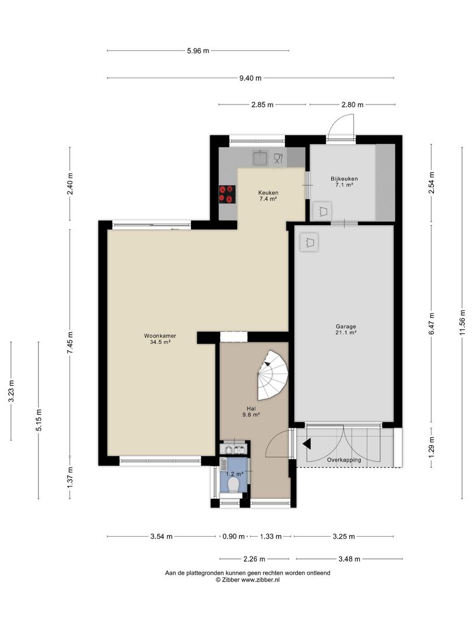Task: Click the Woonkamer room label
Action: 160,336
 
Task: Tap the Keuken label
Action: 268,192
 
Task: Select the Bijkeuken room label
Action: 345,179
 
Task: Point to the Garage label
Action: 346,327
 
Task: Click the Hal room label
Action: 251,408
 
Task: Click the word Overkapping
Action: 344,460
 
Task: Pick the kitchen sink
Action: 260,157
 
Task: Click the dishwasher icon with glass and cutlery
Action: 278,158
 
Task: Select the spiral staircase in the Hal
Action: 273,375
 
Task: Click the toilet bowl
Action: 232,487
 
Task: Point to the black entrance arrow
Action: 307,444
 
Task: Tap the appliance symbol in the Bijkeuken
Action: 322,211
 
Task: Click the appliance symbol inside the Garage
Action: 309,242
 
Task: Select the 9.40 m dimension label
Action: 250,78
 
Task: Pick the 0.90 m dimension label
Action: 234,537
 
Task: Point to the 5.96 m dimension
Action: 198,51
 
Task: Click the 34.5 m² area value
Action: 160,342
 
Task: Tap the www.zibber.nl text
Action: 260,579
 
